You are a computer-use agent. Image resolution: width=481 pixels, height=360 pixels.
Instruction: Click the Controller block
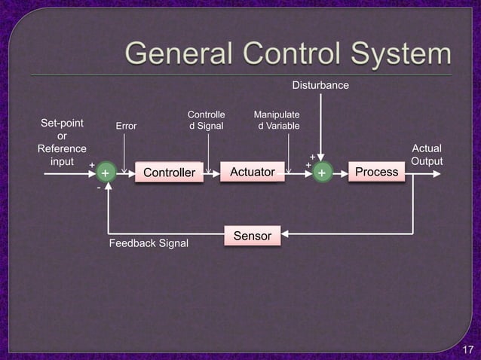tap(169, 173)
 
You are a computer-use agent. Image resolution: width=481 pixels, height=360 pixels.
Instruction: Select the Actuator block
tap(252, 172)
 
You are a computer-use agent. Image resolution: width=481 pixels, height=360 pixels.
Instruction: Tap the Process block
tap(376, 172)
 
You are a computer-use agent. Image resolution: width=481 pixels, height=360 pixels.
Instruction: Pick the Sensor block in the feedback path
tap(253, 236)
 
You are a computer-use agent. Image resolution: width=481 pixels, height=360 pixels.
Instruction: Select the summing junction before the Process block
tap(322, 173)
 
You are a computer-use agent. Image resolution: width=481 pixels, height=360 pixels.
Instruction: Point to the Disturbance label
tap(320, 85)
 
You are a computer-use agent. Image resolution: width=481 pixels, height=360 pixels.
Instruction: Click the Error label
tap(126, 126)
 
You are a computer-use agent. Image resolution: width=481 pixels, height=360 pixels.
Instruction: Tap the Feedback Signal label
tap(149, 244)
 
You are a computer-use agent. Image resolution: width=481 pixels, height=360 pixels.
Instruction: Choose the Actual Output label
tap(427, 155)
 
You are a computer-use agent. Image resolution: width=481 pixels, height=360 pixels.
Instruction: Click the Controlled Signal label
tap(206, 121)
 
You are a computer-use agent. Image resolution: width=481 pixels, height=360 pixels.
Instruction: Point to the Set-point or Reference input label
tap(62, 142)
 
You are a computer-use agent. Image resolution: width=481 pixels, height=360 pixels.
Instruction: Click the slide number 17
tap(467, 349)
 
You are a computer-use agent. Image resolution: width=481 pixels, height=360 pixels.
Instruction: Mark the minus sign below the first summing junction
tap(99, 190)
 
